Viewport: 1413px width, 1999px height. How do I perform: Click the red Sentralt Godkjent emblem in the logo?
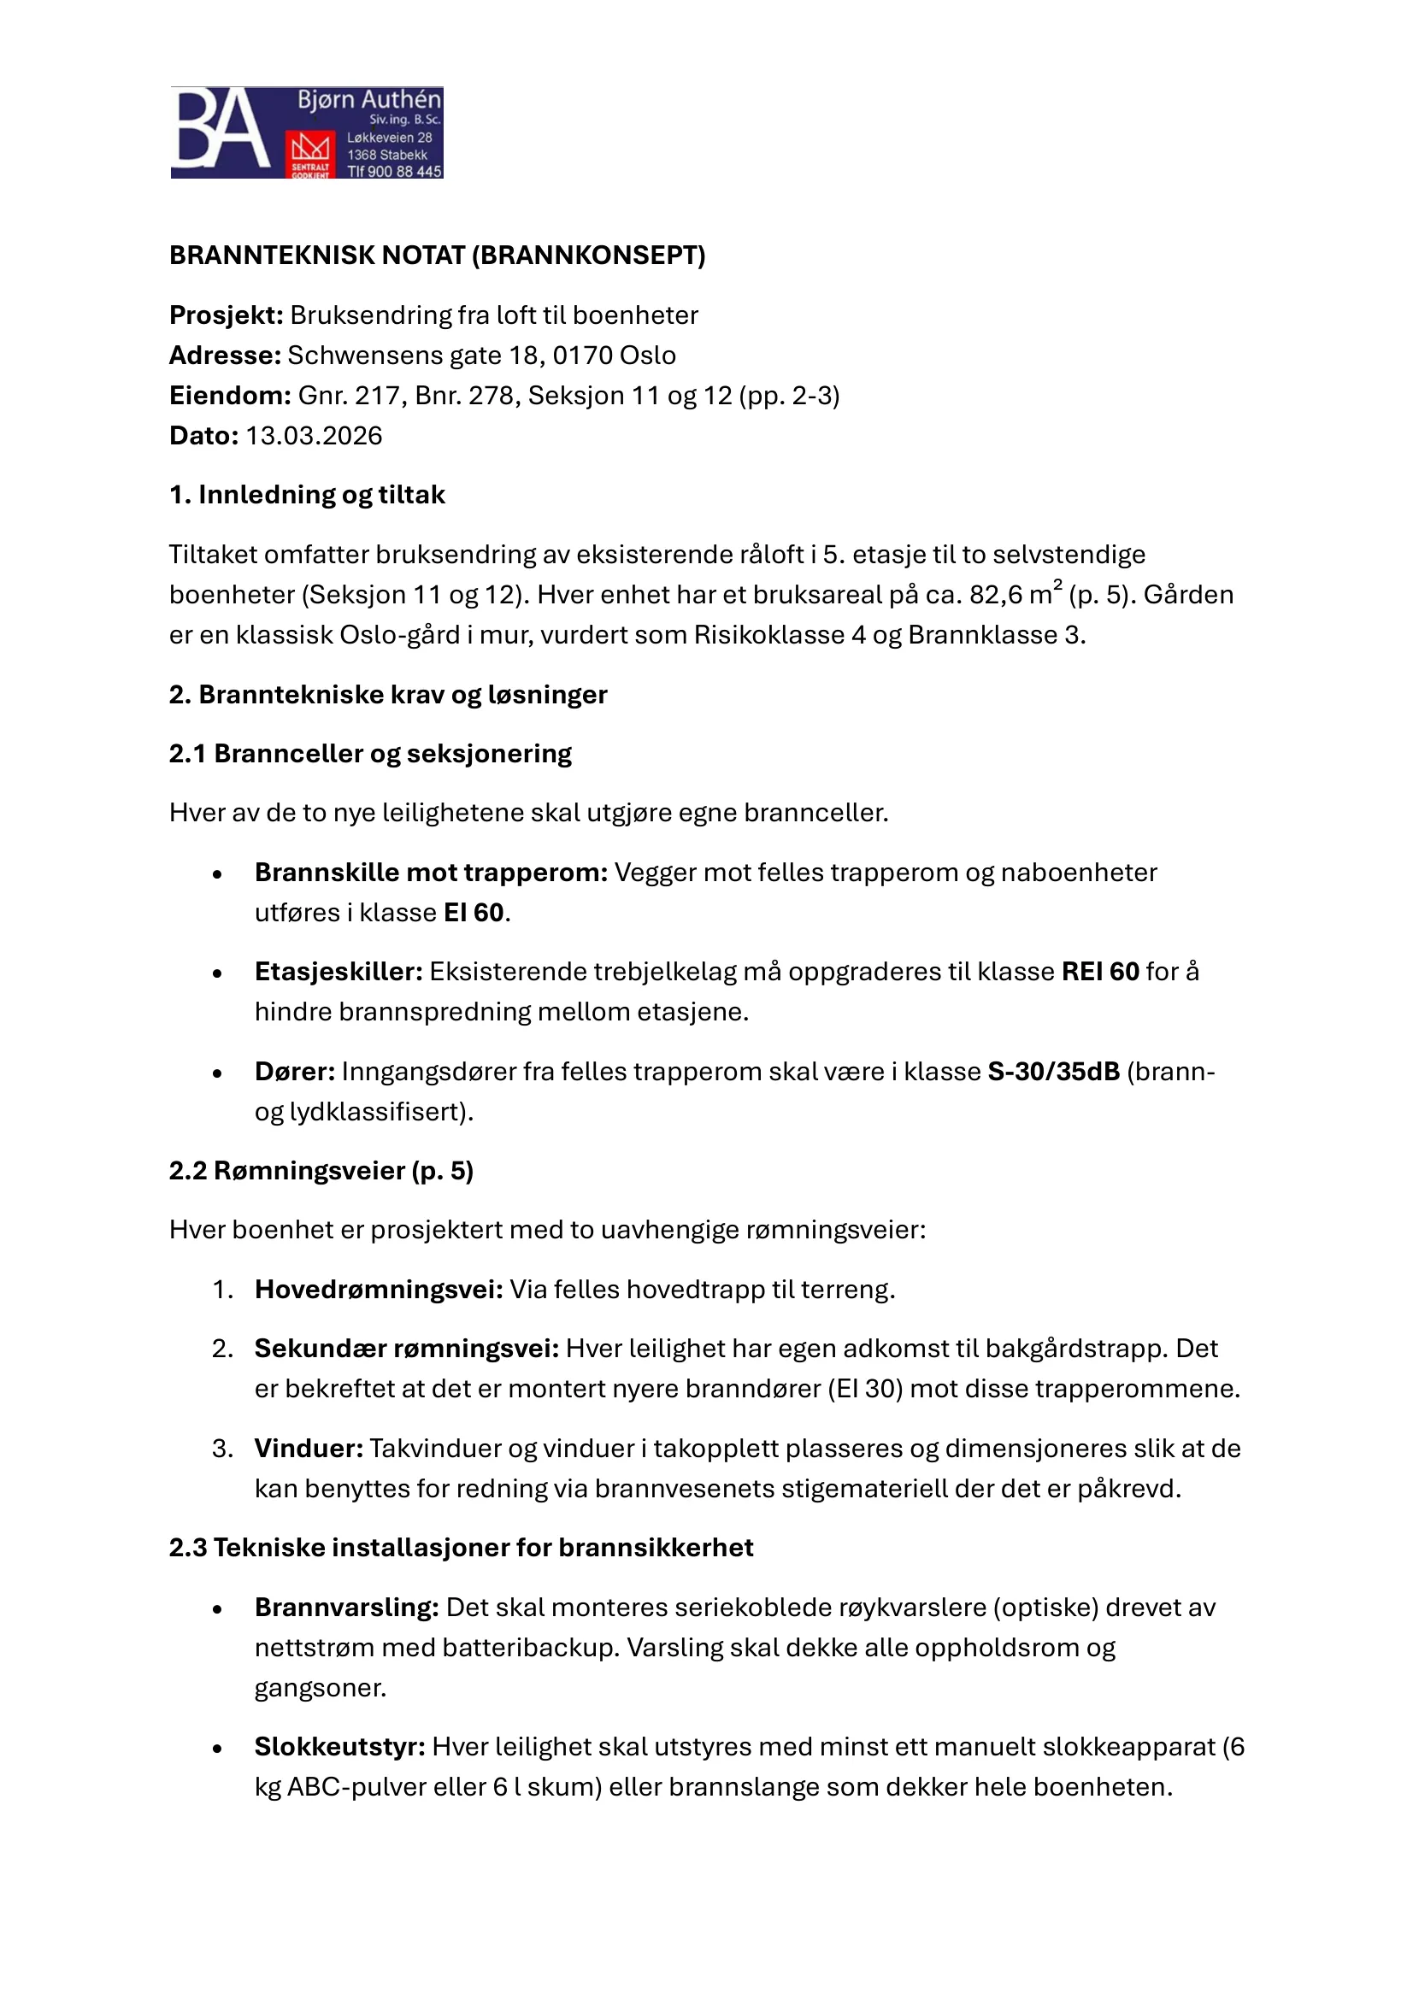(x=311, y=155)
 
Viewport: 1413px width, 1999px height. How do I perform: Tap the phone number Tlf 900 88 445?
(x=394, y=172)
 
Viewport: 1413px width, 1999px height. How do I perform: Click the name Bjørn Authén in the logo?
(x=369, y=100)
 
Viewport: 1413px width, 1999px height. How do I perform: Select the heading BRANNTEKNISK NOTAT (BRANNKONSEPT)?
(x=437, y=255)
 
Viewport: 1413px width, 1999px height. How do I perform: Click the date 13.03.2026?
(x=314, y=435)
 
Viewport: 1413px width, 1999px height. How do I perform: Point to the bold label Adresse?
(x=225, y=356)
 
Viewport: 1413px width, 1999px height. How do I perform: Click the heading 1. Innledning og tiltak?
(x=307, y=495)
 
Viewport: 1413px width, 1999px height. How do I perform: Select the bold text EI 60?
(x=474, y=913)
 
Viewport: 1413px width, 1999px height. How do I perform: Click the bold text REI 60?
(x=1100, y=971)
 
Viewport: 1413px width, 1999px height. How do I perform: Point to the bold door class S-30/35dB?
(x=1053, y=1071)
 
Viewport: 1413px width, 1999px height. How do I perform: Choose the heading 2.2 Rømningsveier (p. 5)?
(x=321, y=1170)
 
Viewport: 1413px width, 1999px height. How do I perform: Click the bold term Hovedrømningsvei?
(x=379, y=1290)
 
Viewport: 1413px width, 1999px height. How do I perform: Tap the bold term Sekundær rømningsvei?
(x=407, y=1349)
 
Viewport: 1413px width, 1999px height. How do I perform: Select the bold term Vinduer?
(x=309, y=1448)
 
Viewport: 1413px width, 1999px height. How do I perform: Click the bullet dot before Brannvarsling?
(x=218, y=1609)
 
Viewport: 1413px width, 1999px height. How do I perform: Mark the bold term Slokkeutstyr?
(x=339, y=1747)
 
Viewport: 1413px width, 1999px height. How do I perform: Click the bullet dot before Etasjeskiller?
(x=218, y=973)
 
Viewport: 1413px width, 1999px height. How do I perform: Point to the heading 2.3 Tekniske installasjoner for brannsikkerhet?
(x=461, y=1547)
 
